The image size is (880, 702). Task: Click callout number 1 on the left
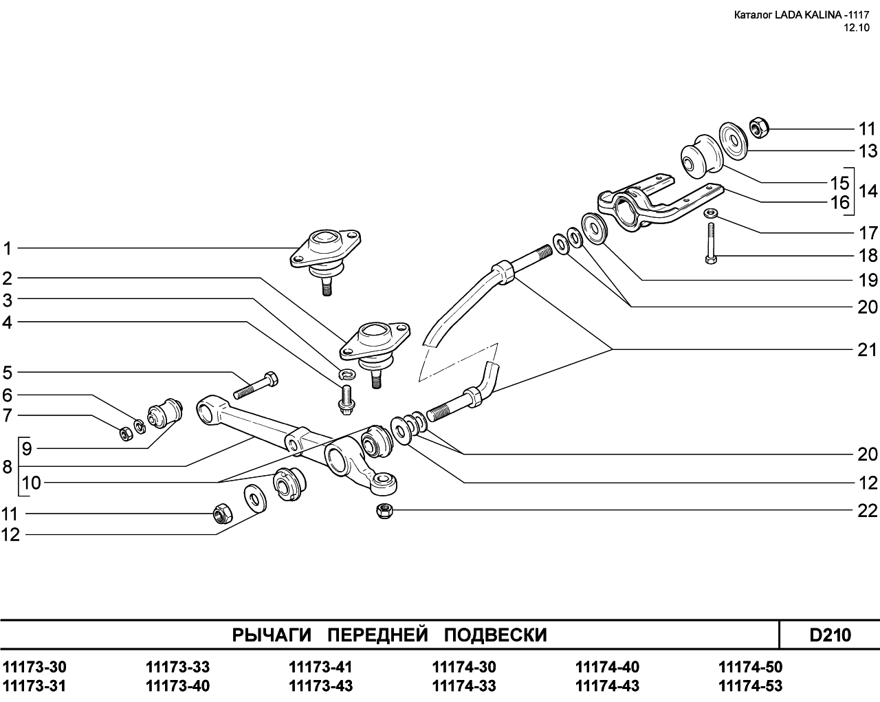coord(8,248)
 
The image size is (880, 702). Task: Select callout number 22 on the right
coord(868,511)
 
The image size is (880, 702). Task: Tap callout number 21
coord(868,350)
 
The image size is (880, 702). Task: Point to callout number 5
coord(8,373)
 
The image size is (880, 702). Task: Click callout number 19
coord(868,281)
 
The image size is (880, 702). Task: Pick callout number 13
coord(868,151)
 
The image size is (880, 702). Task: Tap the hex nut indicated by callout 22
coord(384,511)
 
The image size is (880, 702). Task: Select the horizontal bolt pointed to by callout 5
coord(256,385)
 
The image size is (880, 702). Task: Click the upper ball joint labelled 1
coord(324,254)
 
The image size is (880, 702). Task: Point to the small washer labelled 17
coord(711,213)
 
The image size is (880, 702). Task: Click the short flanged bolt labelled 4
coord(344,398)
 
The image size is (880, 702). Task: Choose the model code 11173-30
coord(35,667)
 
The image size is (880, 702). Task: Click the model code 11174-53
coord(750,685)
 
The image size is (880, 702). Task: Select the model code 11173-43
coord(321,685)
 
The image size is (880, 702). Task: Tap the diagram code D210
coord(830,635)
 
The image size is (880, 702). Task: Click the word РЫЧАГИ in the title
coord(272,635)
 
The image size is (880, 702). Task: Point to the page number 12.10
coord(857,28)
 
